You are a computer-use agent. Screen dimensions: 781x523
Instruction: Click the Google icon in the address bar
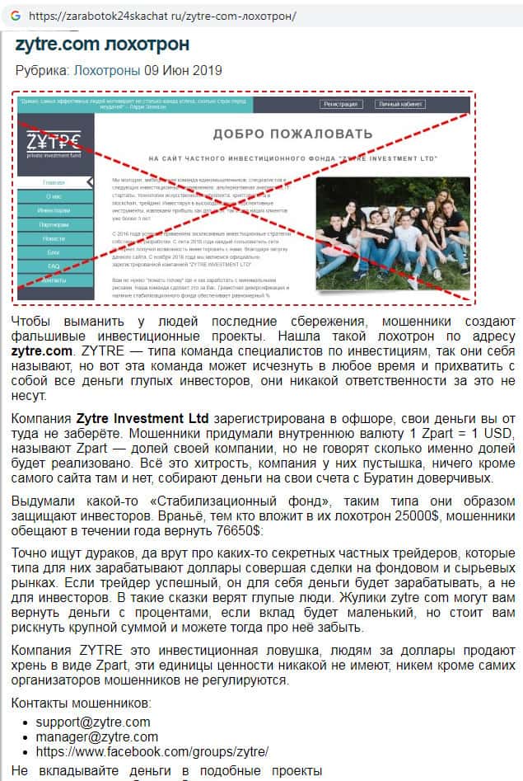tap(15, 16)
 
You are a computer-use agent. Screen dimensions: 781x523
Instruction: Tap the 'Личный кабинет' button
tap(399, 105)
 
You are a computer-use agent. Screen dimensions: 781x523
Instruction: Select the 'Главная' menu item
tap(54, 182)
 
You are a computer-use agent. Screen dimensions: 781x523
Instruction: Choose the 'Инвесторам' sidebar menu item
tap(54, 210)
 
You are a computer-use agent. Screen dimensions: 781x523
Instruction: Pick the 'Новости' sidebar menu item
tap(54, 238)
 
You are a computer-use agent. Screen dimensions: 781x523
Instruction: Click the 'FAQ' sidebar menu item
tap(54, 266)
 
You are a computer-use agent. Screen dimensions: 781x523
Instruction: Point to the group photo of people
tap(392, 233)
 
